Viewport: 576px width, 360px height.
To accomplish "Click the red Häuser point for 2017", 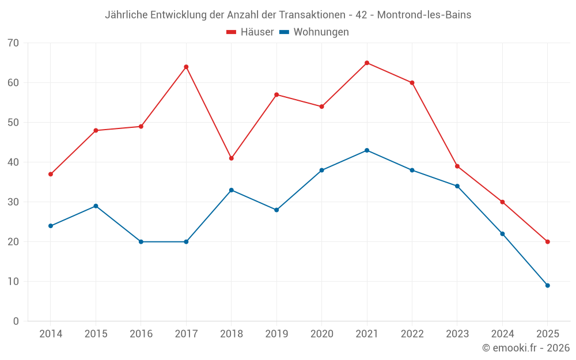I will click(x=186, y=67).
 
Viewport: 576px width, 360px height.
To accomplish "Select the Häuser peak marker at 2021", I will click(x=367, y=63).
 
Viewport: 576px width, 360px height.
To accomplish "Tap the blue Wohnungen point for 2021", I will click(x=367, y=150).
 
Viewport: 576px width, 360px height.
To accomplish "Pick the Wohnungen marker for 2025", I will click(x=547, y=286).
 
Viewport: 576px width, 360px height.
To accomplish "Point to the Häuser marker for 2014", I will click(x=51, y=174).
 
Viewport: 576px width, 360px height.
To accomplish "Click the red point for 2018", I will click(x=232, y=158).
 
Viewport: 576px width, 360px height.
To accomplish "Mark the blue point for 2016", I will click(x=141, y=242).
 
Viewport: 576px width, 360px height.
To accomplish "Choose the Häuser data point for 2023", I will click(x=457, y=166).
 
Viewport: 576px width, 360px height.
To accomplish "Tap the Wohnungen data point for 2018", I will click(x=232, y=190).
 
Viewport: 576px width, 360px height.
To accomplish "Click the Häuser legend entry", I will click(x=251, y=32).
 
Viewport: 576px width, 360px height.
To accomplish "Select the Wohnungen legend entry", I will click(x=314, y=32).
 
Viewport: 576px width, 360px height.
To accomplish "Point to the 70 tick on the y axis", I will click(x=13, y=43).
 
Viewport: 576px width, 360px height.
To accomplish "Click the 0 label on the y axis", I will click(x=16, y=321).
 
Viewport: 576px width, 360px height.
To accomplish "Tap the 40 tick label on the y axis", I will click(x=13, y=162).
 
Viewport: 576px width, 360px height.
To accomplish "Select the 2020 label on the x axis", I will click(x=321, y=334).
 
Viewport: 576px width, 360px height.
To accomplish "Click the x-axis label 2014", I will click(x=51, y=334).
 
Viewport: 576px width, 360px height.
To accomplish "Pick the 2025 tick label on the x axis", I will click(x=547, y=334).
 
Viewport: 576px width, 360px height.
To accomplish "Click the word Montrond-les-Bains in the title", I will click(x=424, y=15).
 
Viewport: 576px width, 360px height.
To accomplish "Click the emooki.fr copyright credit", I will click(x=525, y=348).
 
